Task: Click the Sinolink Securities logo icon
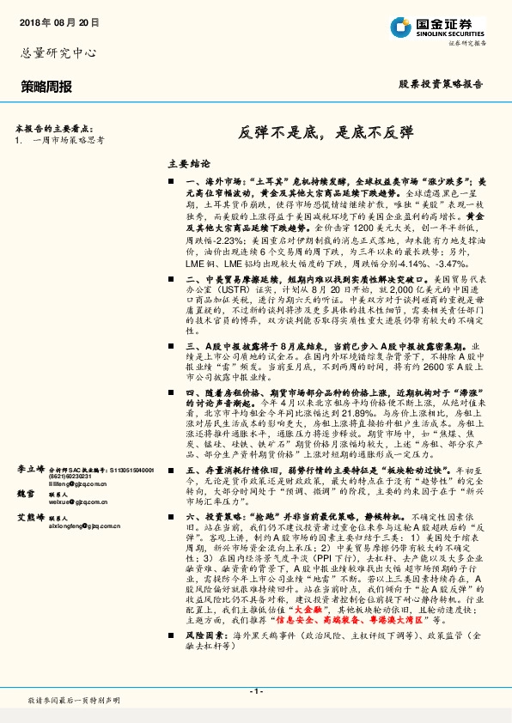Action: (x=399, y=27)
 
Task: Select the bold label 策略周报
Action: (x=46, y=87)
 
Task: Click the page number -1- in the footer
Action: (x=255, y=691)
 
